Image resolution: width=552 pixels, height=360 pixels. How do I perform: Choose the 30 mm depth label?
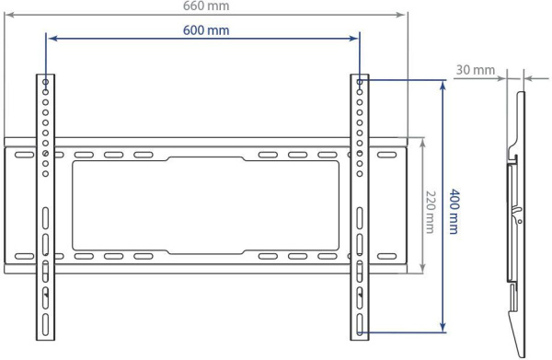click(x=474, y=69)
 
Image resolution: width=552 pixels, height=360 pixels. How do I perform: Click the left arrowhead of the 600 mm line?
click(x=51, y=38)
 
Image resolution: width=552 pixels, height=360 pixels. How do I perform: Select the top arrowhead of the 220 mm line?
click(x=421, y=143)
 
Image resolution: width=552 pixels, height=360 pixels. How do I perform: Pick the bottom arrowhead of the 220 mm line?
click(x=421, y=269)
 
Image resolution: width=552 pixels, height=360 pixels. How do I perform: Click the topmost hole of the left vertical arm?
click(x=45, y=82)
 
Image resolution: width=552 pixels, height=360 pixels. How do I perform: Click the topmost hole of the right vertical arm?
click(x=360, y=82)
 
